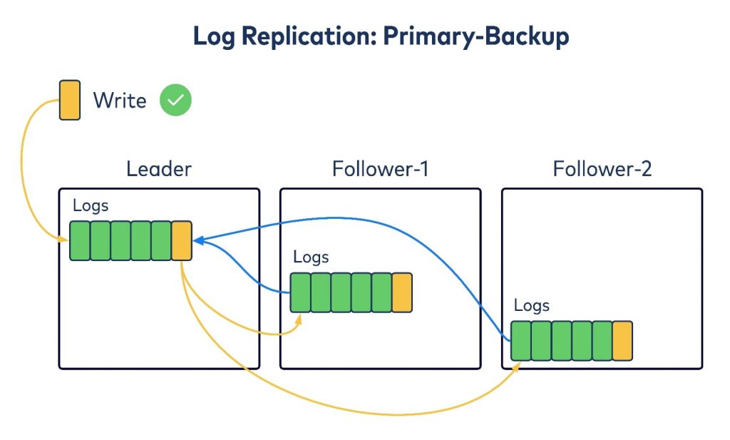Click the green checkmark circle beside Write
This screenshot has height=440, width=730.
coord(175,101)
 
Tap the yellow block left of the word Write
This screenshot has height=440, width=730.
coord(70,100)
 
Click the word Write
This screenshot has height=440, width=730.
coord(120,101)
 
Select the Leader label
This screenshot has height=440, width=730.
coord(159,169)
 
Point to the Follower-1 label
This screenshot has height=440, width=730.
coord(380,169)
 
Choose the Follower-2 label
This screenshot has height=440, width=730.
coord(602,169)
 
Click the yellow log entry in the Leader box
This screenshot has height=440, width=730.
coord(182,241)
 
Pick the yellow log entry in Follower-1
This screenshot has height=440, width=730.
coord(402,292)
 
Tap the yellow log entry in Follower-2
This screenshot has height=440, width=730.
coord(622,341)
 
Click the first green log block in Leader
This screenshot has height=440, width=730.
coord(79,241)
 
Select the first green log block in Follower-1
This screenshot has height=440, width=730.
coord(300,292)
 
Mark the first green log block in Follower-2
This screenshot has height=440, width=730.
coord(521,341)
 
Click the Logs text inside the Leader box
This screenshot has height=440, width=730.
coord(91,206)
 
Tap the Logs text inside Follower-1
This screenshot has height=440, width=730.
coord(311,257)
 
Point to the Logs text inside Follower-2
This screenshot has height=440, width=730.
coord(532,305)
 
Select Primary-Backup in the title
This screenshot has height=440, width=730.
coord(475,36)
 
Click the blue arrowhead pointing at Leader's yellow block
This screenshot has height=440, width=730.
coord(197,241)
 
